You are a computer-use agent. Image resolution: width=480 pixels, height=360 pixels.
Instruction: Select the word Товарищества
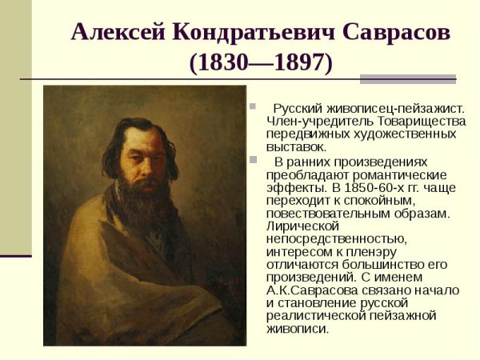(x=420, y=121)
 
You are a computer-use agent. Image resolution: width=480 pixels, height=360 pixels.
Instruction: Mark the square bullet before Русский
(x=252, y=106)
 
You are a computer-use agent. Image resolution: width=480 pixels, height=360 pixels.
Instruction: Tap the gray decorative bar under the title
(x=407, y=78)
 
